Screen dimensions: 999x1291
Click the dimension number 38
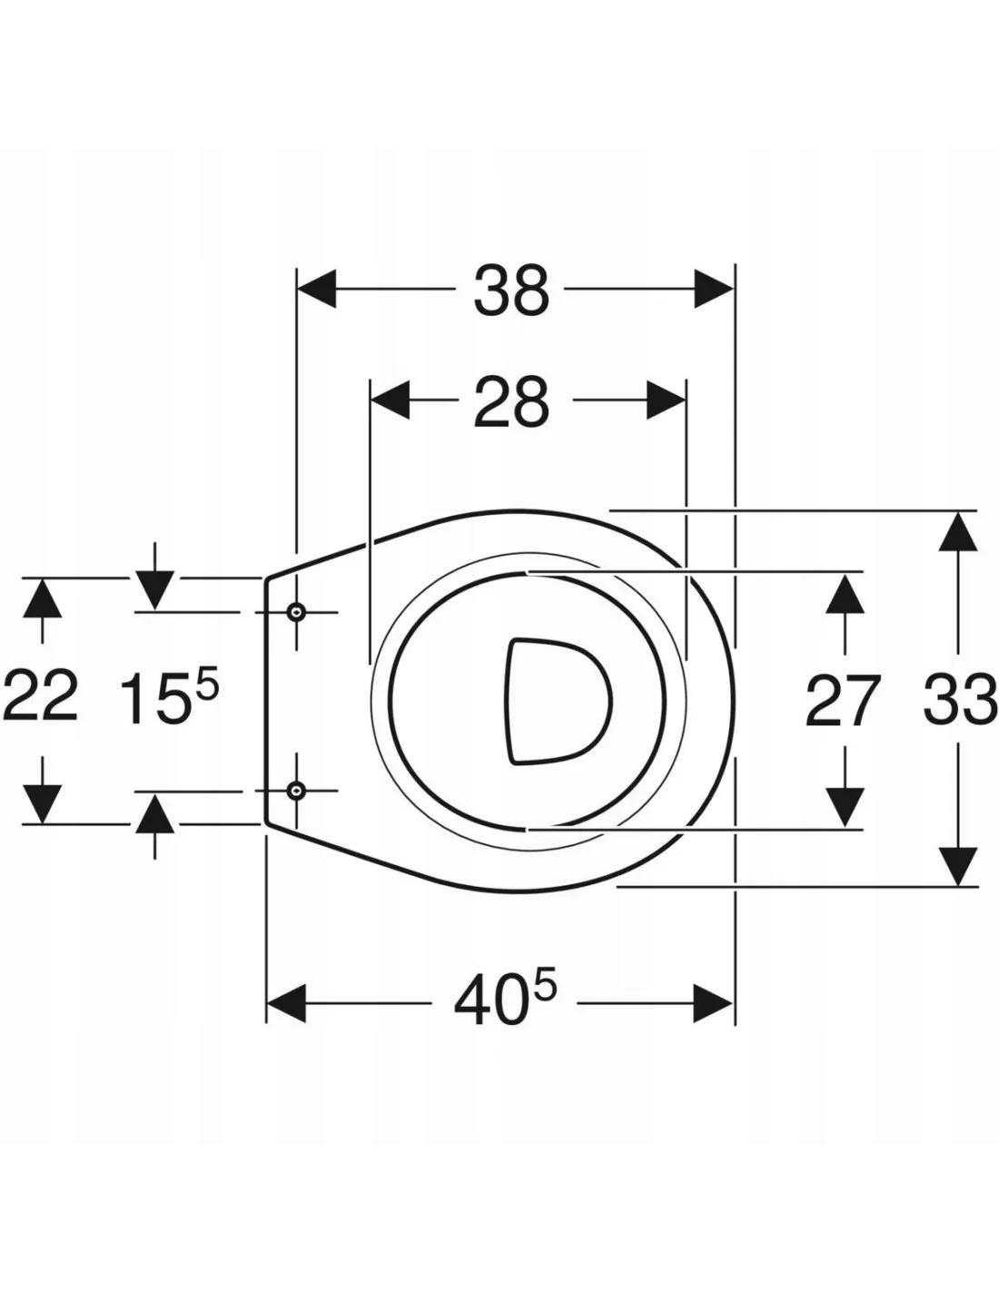(x=511, y=291)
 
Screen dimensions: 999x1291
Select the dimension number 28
(x=511, y=402)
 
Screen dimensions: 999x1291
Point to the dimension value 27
(x=842, y=702)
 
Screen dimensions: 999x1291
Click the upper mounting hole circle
(x=296, y=611)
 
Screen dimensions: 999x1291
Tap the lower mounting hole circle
(x=296, y=792)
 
